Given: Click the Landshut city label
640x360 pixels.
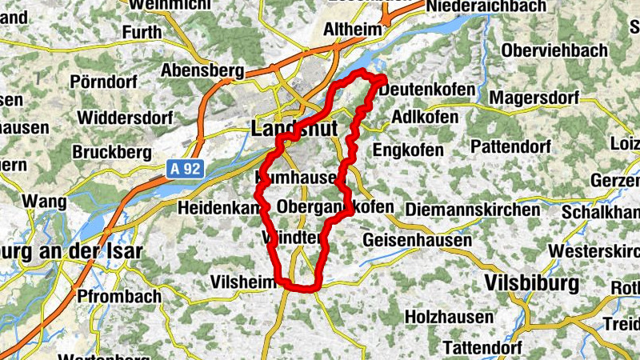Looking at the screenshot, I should [x=295, y=128].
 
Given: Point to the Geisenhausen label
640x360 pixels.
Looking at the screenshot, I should [x=413, y=239].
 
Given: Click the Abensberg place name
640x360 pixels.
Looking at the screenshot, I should [x=202, y=70].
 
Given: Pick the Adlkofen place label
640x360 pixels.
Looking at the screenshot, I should [x=426, y=118].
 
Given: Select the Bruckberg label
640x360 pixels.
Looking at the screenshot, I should [x=111, y=151].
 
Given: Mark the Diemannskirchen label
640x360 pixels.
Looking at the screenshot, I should [x=473, y=210].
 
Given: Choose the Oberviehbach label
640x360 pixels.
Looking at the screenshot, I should [x=554, y=50].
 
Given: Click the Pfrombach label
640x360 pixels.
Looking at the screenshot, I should [x=119, y=296].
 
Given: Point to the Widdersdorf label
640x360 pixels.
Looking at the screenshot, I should [x=125, y=118].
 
